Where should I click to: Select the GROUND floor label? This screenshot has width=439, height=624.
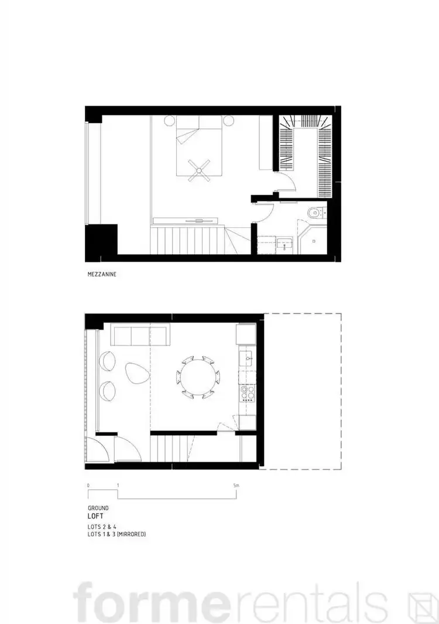point(97,508)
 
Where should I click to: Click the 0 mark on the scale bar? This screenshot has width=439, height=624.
point(88,486)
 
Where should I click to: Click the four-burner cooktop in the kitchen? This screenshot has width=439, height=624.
point(247,391)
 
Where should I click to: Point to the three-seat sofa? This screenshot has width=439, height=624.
point(140,336)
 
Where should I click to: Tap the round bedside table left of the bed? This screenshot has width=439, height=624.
point(169,121)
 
